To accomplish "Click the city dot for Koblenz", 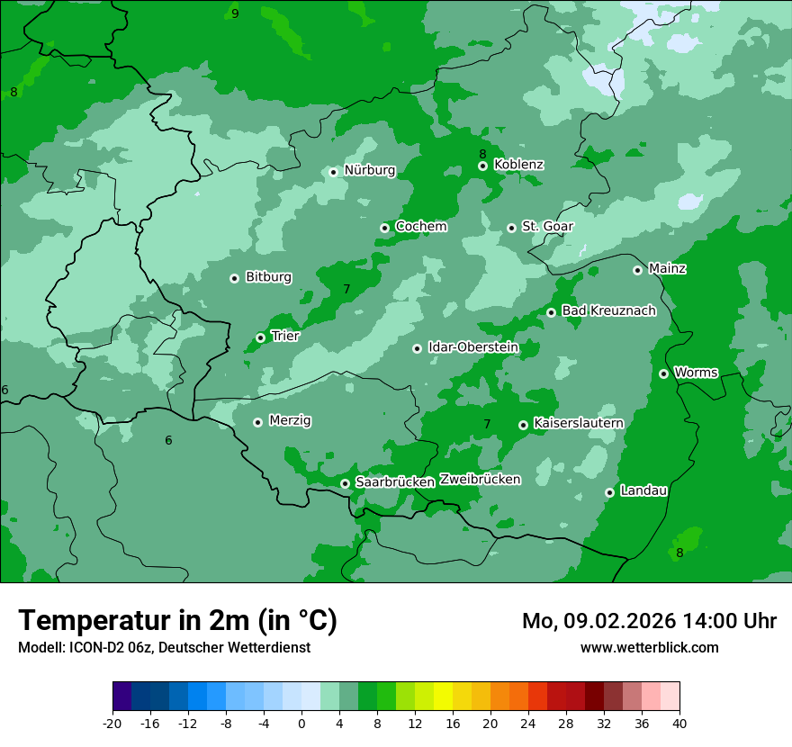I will pyautogui.click(x=482, y=166).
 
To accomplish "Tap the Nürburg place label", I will pyautogui.click(x=370, y=170).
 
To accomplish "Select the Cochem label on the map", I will pyautogui.click(x=421, y=227).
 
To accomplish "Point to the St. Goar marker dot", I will pyautogui.click(x=511, y=228).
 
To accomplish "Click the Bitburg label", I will pyautogui.click(x=268, y=277).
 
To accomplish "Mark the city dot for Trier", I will pyautogui.click(x=260, y=337).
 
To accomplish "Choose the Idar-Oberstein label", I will pyautogui.click(x=473, y=347).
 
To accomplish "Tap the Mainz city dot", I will pyautogui.click(x=637, y=270).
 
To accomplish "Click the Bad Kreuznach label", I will pyautogui.click(x=608, y=311).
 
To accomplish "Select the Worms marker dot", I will pyautogui.click(x=663, y=373).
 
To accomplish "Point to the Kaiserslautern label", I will pyautogui.click(x=579, y=423).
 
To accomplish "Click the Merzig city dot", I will pyautogui.click(x=257, y=422).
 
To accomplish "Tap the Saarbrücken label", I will pyautogui.click(x=395, y=482).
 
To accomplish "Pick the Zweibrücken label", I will pyautogui.click(x=480, y=480).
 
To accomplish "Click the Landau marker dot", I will pyautogui.click(x=609, y=492).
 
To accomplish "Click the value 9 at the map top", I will pyautogui.click(x=235, y=13).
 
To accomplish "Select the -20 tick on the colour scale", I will pyautogui.click(x=112, y=723).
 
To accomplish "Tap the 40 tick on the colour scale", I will pyautogui.click(x=679, y=723).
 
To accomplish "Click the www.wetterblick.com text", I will pyautogui.click(x=649, y=647).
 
